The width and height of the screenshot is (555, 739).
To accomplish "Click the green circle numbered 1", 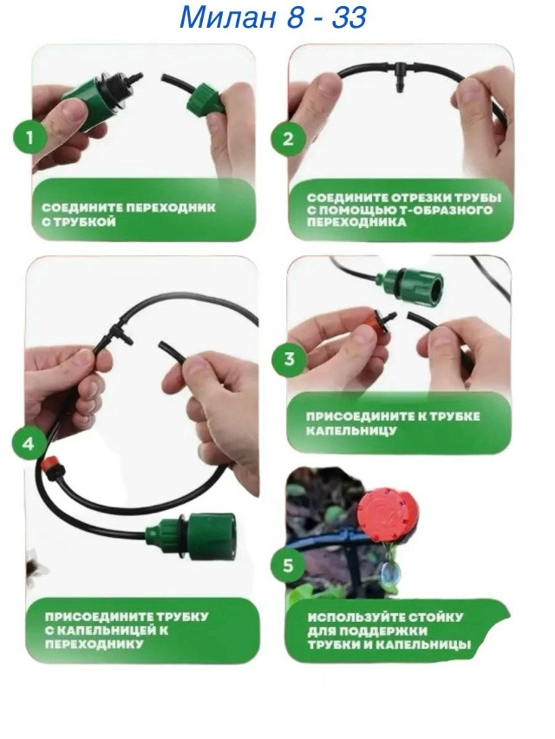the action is (30, 138).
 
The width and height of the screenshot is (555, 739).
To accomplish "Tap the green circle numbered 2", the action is (288, 139).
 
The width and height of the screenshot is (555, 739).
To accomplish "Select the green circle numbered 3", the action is (290, 358).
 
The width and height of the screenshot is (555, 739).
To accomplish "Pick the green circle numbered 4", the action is (29, 443).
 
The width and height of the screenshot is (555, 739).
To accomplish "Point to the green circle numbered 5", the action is (288, 565).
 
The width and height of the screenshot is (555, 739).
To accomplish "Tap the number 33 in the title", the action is (349, 18).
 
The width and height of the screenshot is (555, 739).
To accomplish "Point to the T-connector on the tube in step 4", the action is (115, 334).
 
